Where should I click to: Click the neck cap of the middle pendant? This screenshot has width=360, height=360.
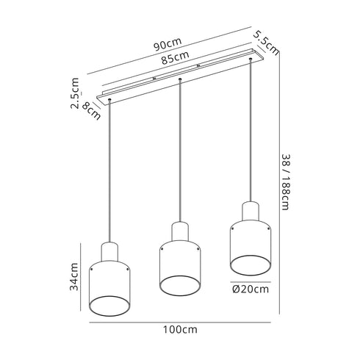pyautogui.click(x=179, y=231)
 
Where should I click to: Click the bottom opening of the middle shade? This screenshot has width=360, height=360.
pyautogui.click(x=179, y=286)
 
